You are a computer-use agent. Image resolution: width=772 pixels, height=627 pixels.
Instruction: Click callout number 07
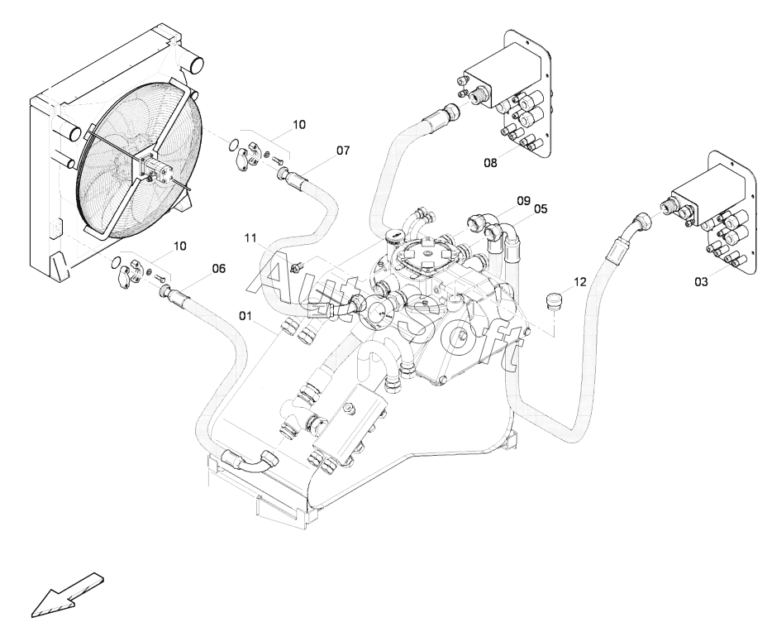(343, 151)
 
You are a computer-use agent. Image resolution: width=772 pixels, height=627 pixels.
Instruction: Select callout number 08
(490, 162)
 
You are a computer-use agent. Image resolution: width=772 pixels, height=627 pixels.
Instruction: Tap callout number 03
(701, 282)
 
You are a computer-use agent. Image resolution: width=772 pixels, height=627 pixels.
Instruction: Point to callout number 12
(580, 282)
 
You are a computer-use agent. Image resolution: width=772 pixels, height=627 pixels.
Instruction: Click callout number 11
(250, 238)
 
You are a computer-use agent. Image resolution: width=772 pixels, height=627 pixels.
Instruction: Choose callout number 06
(218, 269)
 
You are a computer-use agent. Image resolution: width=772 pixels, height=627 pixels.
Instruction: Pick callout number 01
(245, 314)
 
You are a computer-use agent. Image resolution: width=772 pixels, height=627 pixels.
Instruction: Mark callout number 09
(523, 200)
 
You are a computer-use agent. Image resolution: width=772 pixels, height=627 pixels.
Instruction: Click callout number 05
(540, 208)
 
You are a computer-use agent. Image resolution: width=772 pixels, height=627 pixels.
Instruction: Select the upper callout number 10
(299, 125)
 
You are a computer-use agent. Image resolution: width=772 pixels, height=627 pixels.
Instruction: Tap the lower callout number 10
(179, 246)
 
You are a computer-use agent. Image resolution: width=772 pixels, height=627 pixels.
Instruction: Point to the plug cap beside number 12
(555, 301)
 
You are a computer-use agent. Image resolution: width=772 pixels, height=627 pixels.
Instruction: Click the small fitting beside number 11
(297, 266)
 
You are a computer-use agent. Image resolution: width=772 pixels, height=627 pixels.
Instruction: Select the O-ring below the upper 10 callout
(235, 145)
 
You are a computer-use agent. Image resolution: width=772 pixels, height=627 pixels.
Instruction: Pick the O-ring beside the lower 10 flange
(117, 262)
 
